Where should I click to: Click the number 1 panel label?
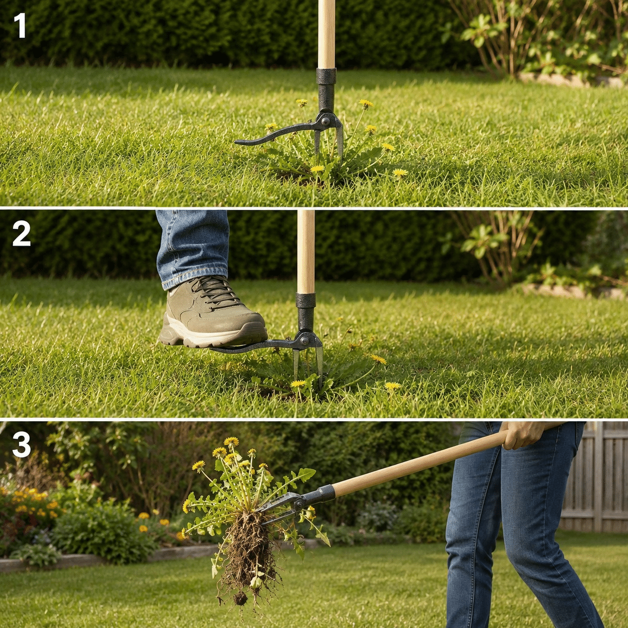20,26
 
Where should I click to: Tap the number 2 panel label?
21,234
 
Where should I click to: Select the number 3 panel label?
21,444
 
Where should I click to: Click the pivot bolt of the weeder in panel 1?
325,122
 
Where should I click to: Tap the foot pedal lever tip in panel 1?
239,142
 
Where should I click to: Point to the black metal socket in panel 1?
326,90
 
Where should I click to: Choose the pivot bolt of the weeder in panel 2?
304,341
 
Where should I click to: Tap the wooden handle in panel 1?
326,34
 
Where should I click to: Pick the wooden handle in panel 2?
305,251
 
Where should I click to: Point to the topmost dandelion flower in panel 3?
231,442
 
